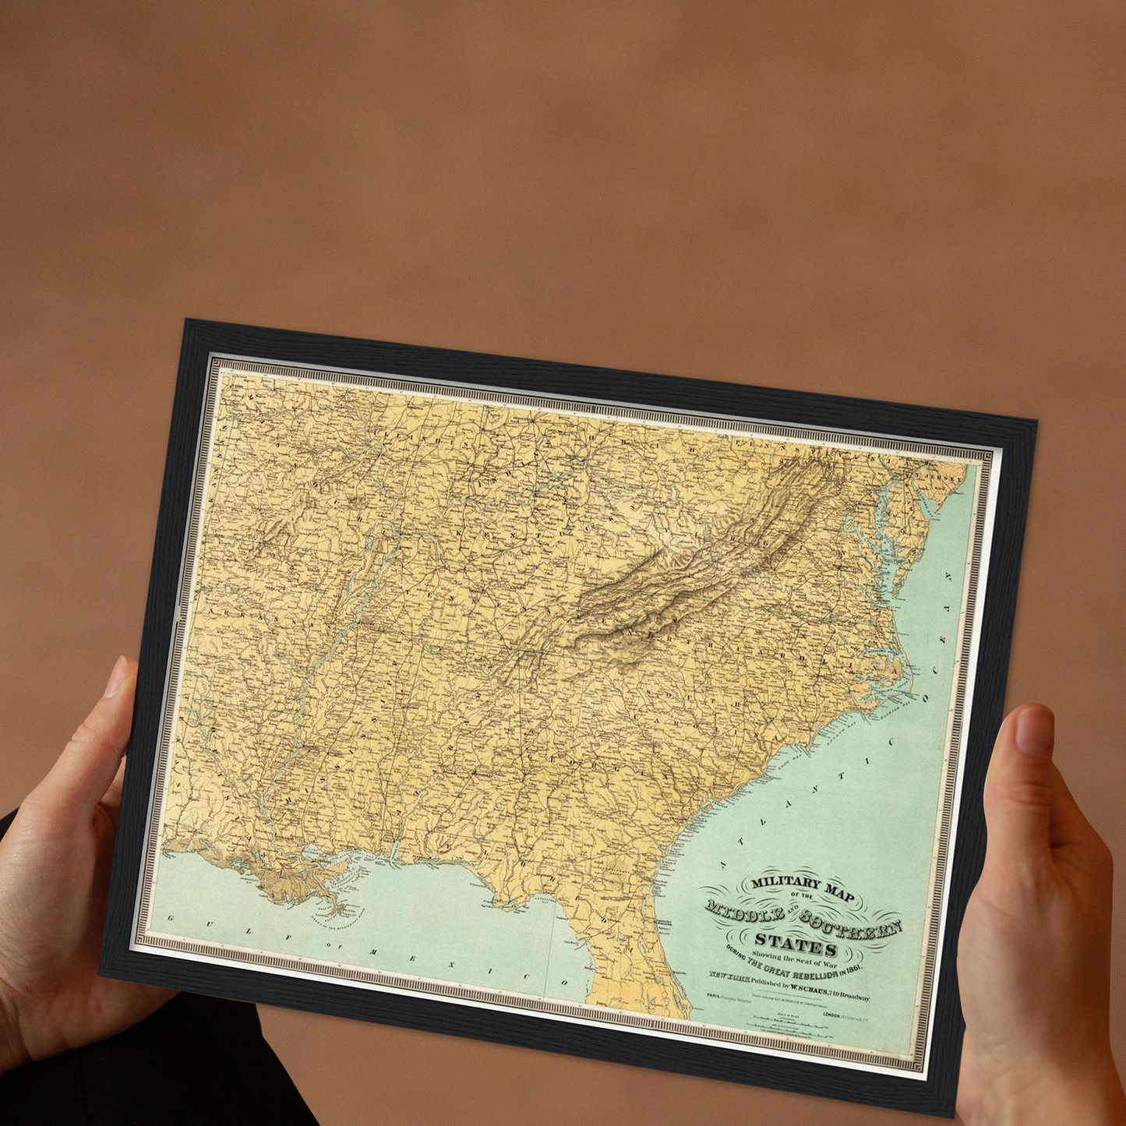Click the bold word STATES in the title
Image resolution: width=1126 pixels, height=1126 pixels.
click(x=796, y=944)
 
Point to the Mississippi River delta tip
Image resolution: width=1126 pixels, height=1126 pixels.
click(x=340, y=911)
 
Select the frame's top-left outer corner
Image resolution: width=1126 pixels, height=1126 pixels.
click(x=185, y=319)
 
